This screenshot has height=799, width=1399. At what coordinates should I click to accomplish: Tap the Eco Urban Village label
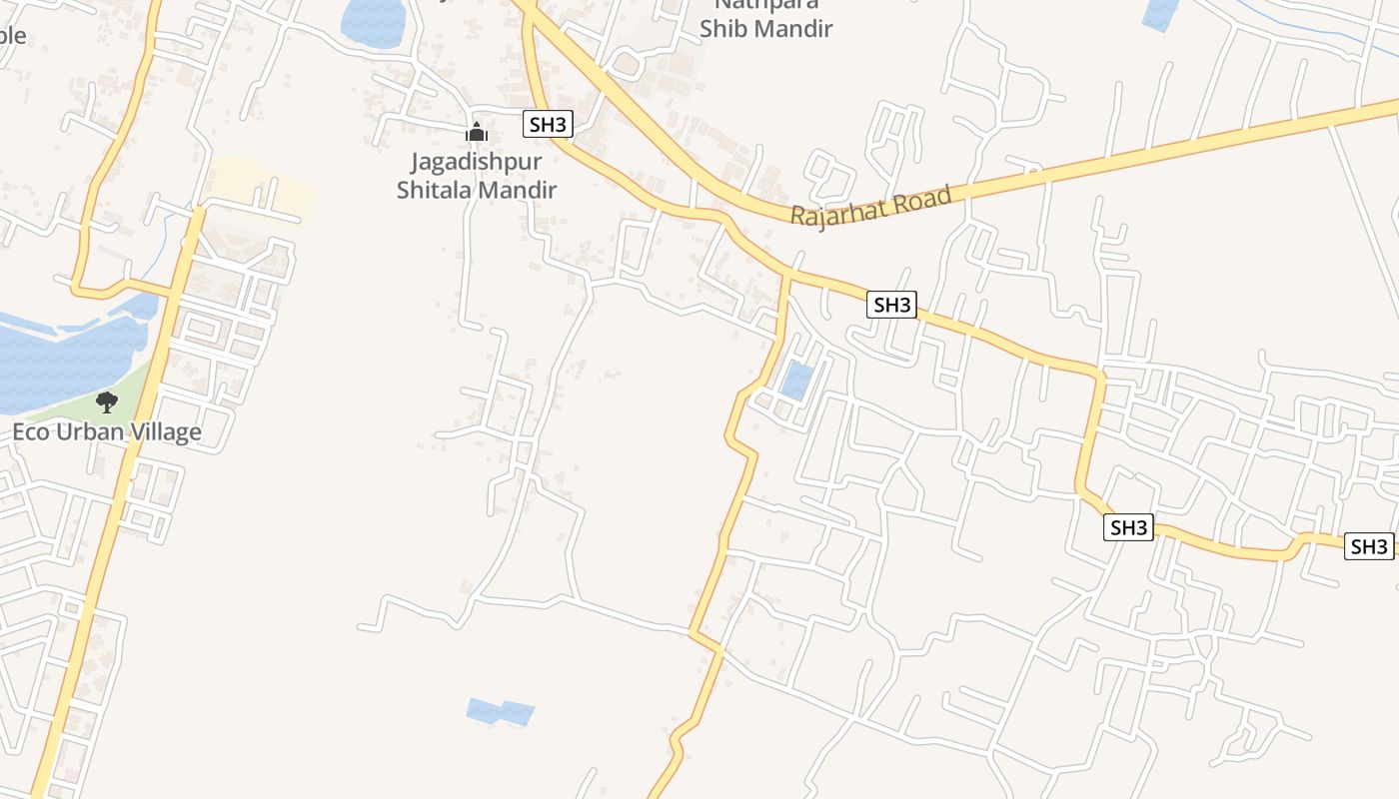[107, 432]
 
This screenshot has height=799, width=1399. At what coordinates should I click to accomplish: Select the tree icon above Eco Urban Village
[106, 402]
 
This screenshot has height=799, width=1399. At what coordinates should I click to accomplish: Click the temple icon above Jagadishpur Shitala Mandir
[477, 132]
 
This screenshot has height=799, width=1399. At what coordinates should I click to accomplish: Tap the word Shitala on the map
[434, 189]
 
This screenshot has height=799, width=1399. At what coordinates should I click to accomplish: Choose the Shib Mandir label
[765, 28]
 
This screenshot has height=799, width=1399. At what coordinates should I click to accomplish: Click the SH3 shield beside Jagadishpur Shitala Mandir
[548, 125]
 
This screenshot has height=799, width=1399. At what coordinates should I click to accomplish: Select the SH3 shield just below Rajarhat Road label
[891, 305]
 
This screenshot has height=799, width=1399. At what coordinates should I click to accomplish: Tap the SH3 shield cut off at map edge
[1370, 546]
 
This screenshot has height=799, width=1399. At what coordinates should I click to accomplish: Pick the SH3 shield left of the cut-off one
[1128, 527]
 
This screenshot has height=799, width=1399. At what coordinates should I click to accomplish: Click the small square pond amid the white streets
[796, 382]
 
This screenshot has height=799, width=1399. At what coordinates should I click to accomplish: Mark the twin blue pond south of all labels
[500, 712]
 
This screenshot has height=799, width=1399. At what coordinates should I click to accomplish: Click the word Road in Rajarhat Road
[919, 199]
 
